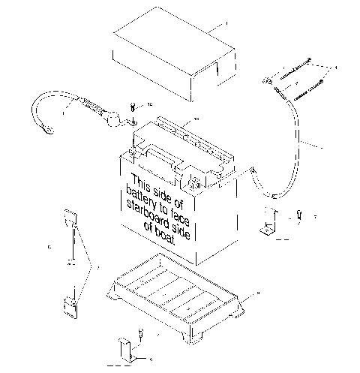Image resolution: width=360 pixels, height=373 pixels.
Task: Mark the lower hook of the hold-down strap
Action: (72, 305)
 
